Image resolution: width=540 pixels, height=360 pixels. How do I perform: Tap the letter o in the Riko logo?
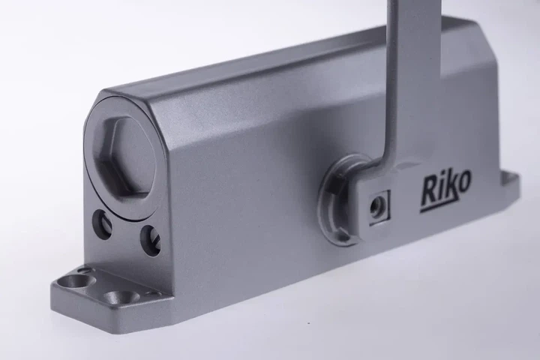click(463, 182)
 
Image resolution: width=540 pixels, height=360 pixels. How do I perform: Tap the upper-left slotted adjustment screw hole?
click(103, 224)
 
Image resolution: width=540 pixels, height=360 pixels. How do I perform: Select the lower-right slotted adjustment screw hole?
click(151, 241)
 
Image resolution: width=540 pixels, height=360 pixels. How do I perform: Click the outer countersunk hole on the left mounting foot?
click(75, 280)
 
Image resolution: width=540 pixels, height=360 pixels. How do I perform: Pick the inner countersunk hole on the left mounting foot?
click(119, 296)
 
